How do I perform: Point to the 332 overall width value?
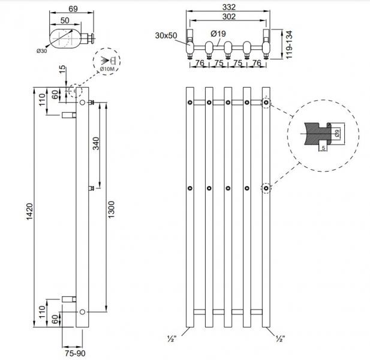[227, 7]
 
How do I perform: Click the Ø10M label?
[106, 70]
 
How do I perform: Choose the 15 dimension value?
[61, 71]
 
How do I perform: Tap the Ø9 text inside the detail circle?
[338, 133]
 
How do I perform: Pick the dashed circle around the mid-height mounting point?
[266, 189]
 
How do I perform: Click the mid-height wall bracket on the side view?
[91, 188]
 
